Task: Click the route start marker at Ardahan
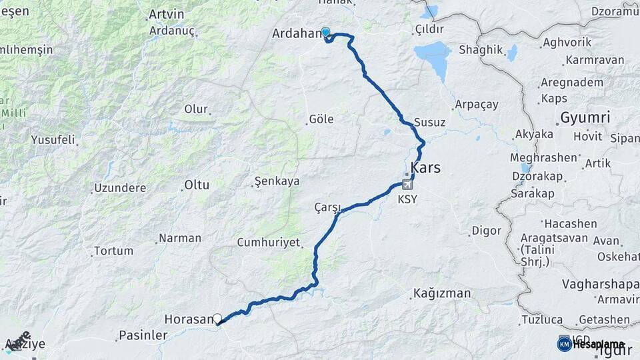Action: [326, 31]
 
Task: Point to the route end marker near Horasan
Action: [217, 319]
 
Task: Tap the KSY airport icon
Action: [406, 185]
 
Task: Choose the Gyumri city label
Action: [585, 117]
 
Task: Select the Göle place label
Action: [321, 119]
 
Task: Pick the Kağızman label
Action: [441, 293]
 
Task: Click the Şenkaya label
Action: [277, 181]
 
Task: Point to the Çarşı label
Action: [327, 207]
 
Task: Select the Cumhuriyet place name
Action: [269, 243]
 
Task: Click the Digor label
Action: [486, 231]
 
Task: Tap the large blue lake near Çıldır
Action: [433, 53]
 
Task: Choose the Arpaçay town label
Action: [476, 105]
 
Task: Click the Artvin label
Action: [166, 13]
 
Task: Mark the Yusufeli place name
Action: [53, 140]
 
